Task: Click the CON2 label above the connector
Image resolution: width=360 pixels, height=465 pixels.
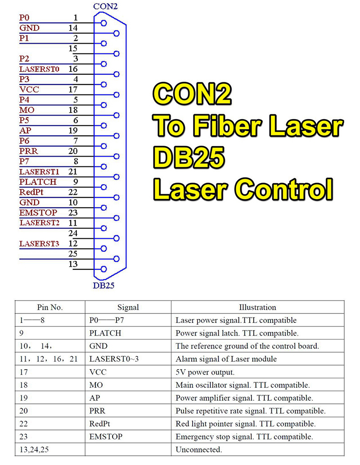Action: (x=105, y=6)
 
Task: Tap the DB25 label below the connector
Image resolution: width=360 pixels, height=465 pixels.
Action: (x=103, y=285)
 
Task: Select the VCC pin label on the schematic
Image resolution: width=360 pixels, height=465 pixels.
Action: (x=29, y=89)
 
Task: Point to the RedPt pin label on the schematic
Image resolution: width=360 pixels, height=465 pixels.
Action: (x=31, y=192)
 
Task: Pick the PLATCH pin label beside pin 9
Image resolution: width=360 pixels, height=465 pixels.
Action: (x=38, y=182)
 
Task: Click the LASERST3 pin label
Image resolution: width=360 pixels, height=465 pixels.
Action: (x=39, y=243)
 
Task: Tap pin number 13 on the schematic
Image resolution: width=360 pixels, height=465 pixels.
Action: (x=73, y=264)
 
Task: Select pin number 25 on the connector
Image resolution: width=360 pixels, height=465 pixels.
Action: (x=73, y=254)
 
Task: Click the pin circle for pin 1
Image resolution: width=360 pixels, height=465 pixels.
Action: (x=104, y=23)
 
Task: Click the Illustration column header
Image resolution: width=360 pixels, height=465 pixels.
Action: (x=257, y=308)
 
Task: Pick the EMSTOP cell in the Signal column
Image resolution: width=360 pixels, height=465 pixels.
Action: (x=106, y=437)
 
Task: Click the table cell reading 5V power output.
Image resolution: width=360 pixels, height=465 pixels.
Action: (x=205, y=372)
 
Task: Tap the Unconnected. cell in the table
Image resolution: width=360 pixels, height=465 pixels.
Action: (x=198, y=449)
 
